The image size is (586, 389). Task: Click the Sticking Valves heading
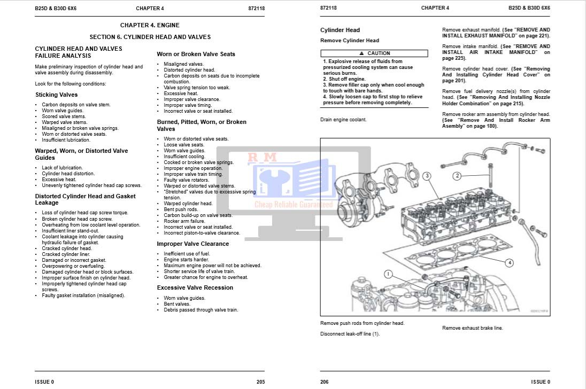pos(56,95)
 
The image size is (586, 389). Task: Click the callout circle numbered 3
pos(427,176)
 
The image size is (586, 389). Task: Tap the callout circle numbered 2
pos(457,175)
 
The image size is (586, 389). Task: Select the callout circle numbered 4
pos(510,262)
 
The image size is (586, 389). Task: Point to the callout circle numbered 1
pos(389,274)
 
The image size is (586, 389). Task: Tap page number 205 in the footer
pos(260,382)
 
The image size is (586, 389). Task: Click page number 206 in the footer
pos(325,382)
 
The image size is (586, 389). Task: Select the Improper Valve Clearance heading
pos(192,244)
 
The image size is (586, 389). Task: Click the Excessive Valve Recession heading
pos(195,287)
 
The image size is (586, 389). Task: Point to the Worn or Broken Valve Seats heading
pos(196,54)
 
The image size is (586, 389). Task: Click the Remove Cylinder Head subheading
pos(350,41)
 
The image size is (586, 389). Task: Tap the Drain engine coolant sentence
pos(343,120)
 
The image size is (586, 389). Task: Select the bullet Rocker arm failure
pos(184,221)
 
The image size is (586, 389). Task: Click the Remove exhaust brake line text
pos(472,328)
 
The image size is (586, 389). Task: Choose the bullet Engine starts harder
pos(186,260)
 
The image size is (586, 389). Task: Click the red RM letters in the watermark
pos(261,157)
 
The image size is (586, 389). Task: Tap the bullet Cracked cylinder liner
pos(66,254)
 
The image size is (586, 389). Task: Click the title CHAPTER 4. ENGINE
pos(150,25)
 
